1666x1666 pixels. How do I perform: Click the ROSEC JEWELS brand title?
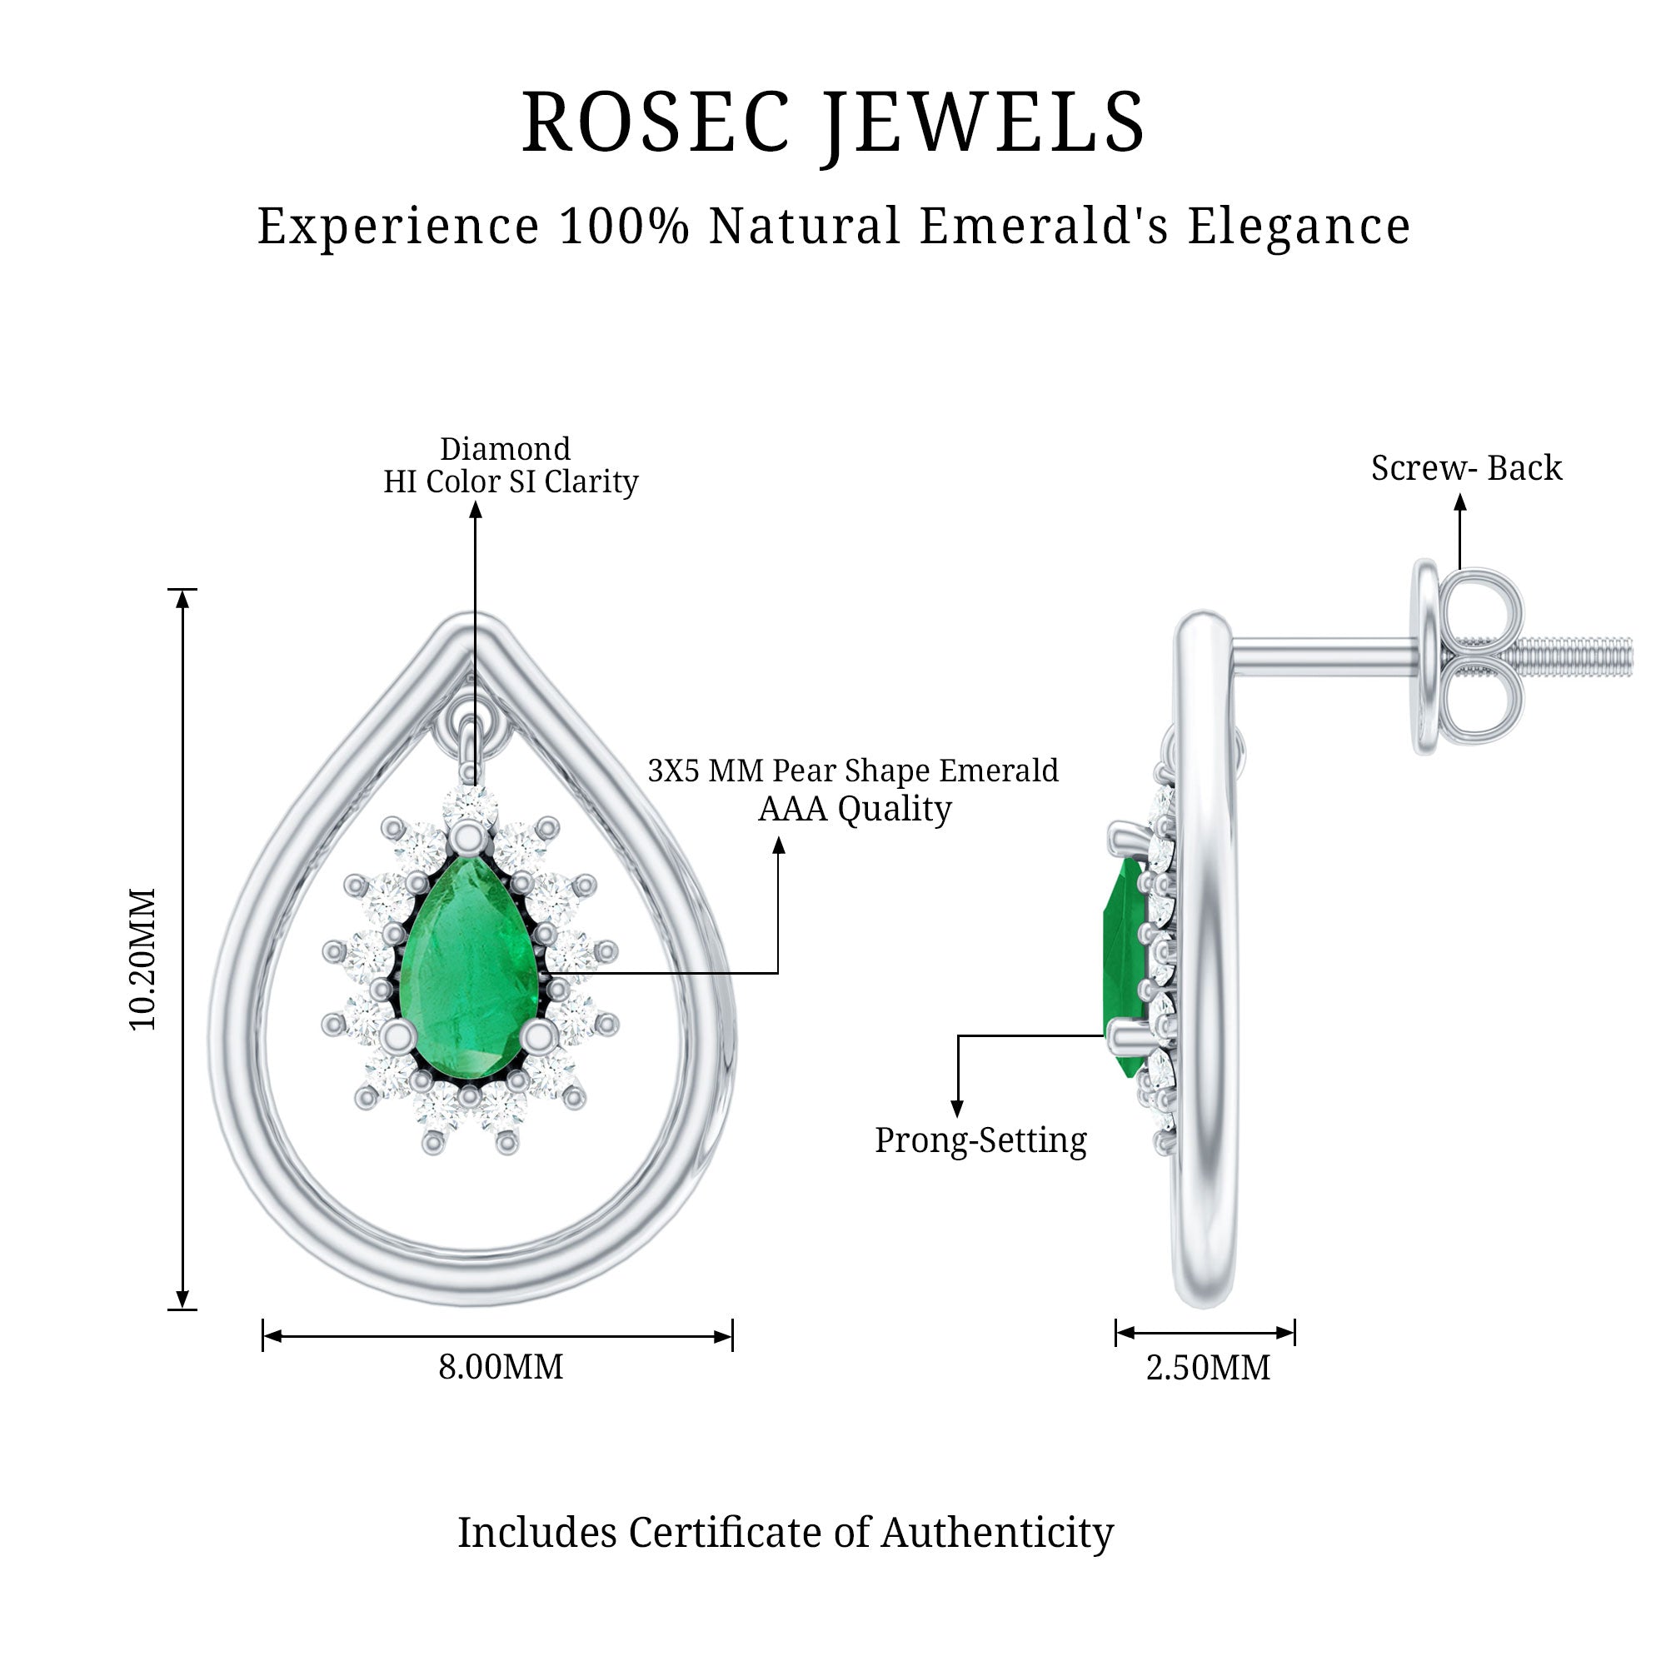coord(833,122)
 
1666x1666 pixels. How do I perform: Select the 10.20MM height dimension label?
coord(143,958)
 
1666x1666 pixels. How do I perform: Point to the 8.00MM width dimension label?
coord(500,1367)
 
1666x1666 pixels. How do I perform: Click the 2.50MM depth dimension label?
coord(1207,1368)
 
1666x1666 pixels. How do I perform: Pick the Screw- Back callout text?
coord(1466,468)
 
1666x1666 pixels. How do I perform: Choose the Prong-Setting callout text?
coord(980,1140)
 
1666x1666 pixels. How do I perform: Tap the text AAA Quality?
coord(855,809)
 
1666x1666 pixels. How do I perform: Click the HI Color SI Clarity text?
coord(511,482)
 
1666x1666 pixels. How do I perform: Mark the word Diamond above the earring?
coord(506,448)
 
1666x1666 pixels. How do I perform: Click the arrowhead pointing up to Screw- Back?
coord(1460,501)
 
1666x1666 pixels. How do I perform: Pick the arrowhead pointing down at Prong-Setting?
coord(956,1109)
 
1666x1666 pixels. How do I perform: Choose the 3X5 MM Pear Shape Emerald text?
coord(853,770)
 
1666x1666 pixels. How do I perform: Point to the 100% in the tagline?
coord(624,226)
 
